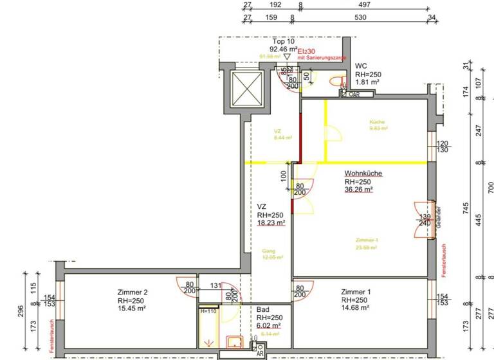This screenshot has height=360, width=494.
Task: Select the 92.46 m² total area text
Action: pyautogui.click(x=283, y=49)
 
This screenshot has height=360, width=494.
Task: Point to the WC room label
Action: pyautogui.click(x=361, y=66)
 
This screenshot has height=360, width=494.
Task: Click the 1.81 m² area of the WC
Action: pyautogui.click(x=367, y=82)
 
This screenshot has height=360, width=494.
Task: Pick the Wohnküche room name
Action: pyautogui.click(x=363, y=174)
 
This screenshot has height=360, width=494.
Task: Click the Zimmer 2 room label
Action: pyautogui.click(x=133, y=292)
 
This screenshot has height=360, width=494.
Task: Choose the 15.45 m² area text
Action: pyautogui.click(x=133, y=309)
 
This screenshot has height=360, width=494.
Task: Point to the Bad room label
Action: pyautogui.click(x=262, y=309)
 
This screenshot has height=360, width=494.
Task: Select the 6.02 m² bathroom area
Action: pyautogui.click(x=269, y=325)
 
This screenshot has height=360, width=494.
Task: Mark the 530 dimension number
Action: pyautogui.click(x=360, y=17)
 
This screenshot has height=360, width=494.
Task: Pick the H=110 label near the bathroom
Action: pyautogui.click(x=208, y=311)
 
